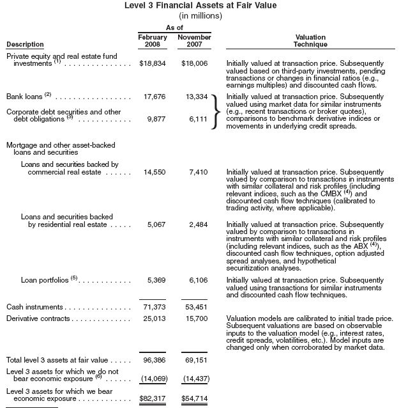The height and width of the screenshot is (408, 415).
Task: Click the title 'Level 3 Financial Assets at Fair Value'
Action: point(209,6)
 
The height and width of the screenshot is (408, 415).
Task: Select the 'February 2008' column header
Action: point(153,42)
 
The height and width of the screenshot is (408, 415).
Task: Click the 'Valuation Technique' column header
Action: point(310,42)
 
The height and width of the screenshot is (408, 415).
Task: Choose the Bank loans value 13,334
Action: point(197,97)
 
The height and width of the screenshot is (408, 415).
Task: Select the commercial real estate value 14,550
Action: point(154,173)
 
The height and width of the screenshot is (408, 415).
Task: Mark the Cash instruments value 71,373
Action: point(154,308)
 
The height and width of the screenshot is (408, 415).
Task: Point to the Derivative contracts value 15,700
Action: point(197,318)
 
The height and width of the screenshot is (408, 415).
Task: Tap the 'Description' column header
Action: point(25,45)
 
